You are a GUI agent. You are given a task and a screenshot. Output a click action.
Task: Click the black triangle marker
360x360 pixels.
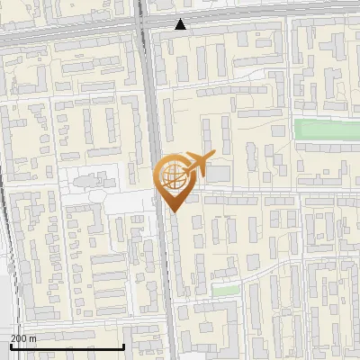coord(181,24)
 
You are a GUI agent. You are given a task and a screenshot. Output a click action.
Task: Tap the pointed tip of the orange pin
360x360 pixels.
coord(170,211)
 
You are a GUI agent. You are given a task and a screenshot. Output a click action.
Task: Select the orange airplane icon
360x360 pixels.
coord(196,165)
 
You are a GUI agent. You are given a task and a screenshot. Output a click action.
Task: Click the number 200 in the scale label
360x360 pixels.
coord(19,338)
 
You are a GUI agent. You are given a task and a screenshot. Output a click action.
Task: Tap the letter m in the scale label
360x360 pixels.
coord(34,338)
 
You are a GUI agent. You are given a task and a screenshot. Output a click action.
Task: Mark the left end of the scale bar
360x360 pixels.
coord(10,346)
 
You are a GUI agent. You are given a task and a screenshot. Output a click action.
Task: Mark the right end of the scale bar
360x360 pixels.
coord(123,346)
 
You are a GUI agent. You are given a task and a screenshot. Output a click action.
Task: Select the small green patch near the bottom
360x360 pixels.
coord(227,291)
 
